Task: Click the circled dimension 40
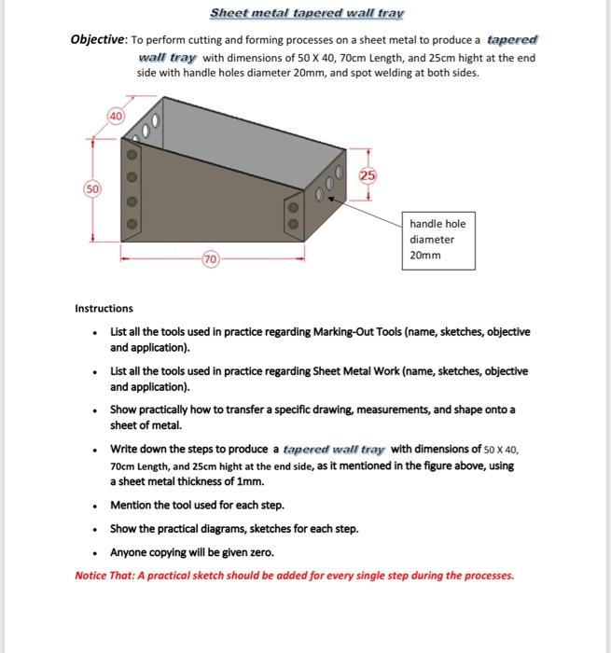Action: point(116,116)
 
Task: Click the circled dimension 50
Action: point(92,188)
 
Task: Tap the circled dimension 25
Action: point(368,176)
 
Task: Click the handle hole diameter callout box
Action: point(438,239)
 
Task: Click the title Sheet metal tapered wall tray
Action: point(307,14)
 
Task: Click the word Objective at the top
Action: point(100,40)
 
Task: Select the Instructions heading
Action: point(104,308)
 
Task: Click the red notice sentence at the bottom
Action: point(294,576)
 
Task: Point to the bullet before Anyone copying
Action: point(94,553)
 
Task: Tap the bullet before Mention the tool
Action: point(94,506)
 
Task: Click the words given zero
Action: point(248,552)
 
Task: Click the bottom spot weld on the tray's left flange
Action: point(132,225)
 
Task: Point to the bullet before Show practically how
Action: point(94,410)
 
